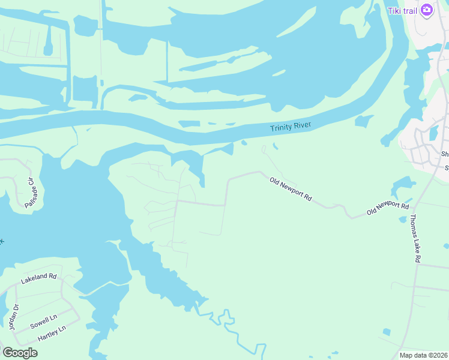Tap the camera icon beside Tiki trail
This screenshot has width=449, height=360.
[427, 10]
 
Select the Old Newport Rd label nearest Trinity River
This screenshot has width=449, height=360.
[291, 188]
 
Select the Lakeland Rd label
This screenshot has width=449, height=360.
[38, 278]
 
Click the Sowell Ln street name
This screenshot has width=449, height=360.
[43, 322]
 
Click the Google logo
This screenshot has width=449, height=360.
[20, 353]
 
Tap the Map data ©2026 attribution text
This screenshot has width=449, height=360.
[423, 355]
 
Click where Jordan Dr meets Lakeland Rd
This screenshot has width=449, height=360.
[16, 287]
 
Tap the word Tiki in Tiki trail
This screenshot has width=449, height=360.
[394, 10]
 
